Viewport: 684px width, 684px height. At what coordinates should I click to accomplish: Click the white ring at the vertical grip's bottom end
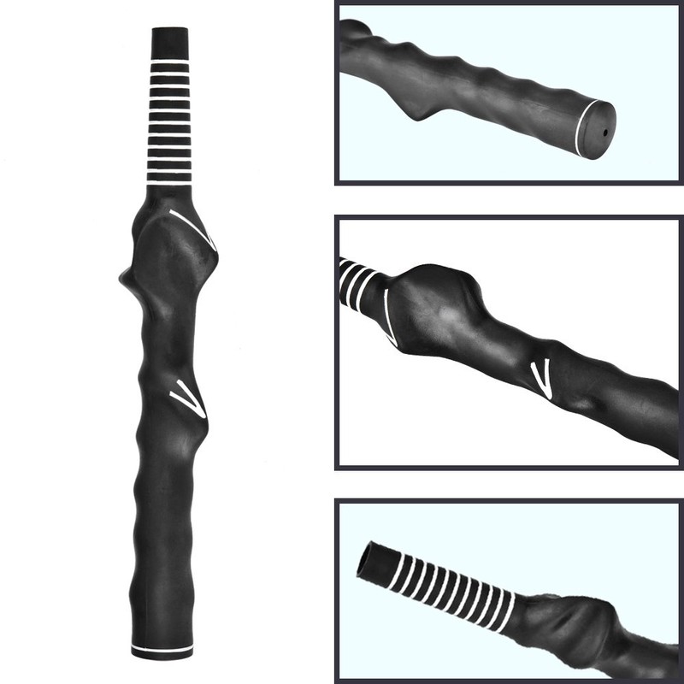(162, 647)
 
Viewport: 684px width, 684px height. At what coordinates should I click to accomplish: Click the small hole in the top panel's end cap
(604, 133)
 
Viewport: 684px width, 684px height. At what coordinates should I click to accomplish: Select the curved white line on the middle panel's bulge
(388, 316)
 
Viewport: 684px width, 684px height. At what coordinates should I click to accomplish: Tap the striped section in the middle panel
(357, 281)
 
